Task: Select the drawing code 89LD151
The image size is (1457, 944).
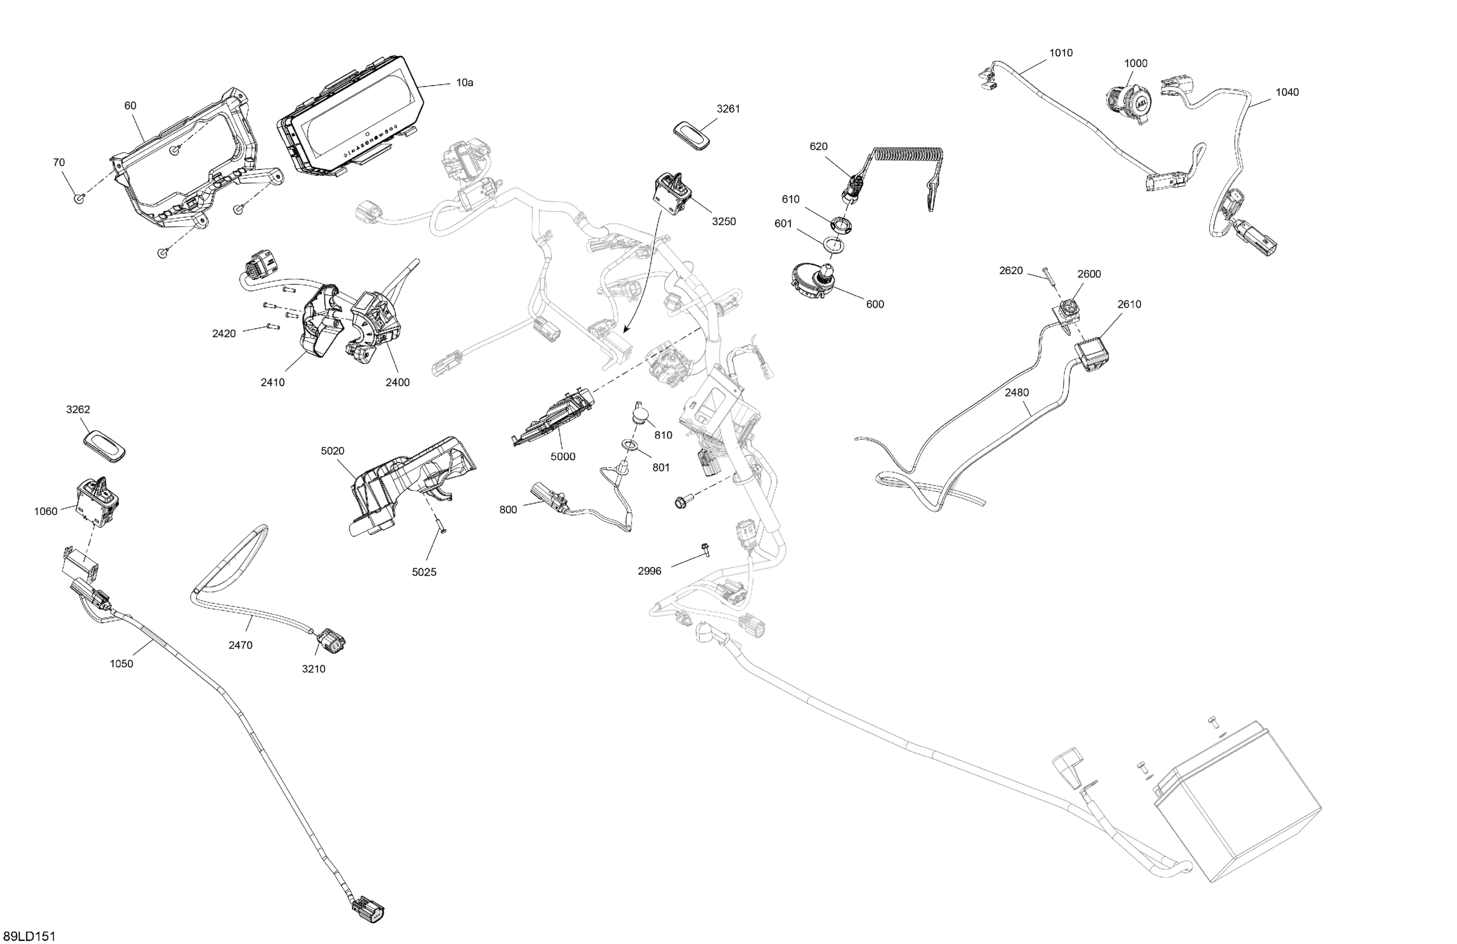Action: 30,937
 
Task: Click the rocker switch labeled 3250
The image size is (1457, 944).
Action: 674,193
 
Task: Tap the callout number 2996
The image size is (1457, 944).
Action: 649,571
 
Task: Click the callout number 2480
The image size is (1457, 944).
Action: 1016,392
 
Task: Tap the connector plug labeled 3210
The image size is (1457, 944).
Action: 331,641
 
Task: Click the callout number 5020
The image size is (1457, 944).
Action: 332,451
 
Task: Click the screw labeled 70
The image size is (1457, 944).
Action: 79,198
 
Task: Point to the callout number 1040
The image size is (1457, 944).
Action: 1287,92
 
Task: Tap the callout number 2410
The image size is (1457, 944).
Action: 272,383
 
